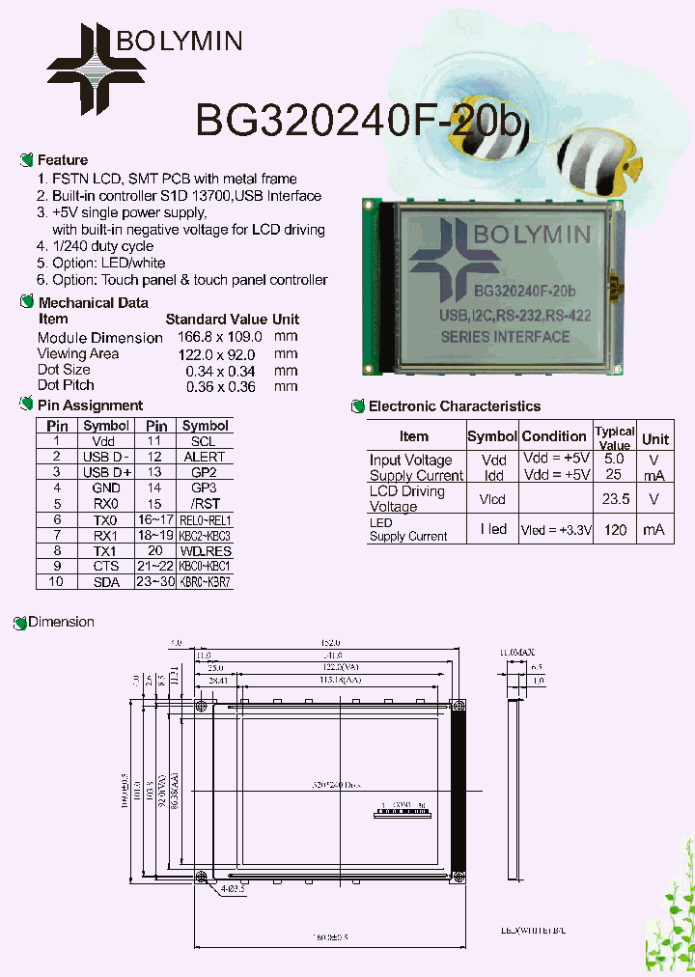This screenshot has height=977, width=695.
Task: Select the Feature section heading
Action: [x=62, y=160]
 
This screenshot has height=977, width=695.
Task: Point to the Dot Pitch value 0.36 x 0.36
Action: [x=220, y=386]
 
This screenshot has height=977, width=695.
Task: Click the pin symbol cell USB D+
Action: [x=106, y=472]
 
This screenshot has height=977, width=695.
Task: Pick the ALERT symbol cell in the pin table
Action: [x=205, y=457]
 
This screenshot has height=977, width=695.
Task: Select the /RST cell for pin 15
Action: [x=205, y=504]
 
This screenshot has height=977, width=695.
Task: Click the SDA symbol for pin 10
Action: [x=106, y=582]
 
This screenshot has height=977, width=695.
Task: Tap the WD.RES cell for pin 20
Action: [x=205, y=550]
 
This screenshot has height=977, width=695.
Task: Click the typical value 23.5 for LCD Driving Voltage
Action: [x=615, y=499]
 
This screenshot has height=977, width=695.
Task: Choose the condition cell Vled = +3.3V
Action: [x=555, y=530]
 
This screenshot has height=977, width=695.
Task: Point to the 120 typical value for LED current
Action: [x=615, y=530]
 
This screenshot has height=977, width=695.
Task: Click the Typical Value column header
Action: [x=615, y=437]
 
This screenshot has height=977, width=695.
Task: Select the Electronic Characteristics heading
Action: [x=454, y=406]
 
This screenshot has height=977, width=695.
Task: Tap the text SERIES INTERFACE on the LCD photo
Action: [x=505, y=337]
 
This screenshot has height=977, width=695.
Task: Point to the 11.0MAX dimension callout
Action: [x=516, y=654]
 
